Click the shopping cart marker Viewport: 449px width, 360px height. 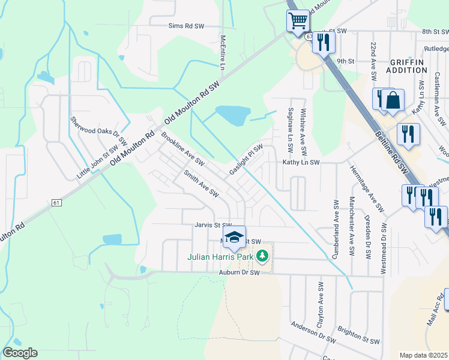coord(298,22)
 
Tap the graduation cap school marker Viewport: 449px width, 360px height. coord(235,236)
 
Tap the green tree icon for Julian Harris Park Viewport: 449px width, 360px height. coord(262,256)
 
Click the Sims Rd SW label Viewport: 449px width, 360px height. coord(187,26)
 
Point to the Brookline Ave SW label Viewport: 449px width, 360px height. coord(182,149)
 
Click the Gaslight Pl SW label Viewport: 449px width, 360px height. coord(246,160)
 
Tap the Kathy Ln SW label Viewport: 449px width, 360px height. coord(302,163)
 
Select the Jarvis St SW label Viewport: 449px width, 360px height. coord(209,226)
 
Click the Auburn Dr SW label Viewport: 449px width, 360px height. coord(238,272)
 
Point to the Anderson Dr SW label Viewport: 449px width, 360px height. coord(313,332)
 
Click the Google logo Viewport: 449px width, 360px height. coord(20,353)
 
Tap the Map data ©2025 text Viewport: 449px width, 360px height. coord(423,355)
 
